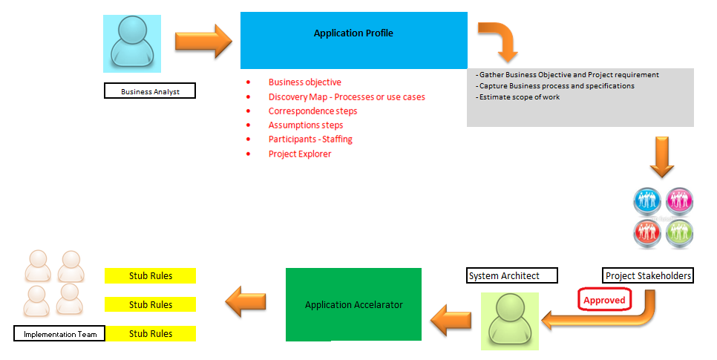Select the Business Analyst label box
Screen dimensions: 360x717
[149, 91]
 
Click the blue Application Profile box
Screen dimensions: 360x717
[353, 40]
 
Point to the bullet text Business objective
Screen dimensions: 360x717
[304, 82]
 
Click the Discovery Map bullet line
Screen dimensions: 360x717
[346, 96]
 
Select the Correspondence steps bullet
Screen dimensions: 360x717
[312, 111]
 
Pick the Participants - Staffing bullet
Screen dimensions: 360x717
[310, 139]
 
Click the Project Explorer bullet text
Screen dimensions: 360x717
[300, 154]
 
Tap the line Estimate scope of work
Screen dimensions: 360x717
[519, 96]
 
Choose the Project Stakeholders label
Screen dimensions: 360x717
[648, 275]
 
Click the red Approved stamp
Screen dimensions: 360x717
[603, 301]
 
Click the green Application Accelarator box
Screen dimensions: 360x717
[353, 304]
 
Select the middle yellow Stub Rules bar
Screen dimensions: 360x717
[151, 304]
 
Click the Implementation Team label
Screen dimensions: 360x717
[59, 334]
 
